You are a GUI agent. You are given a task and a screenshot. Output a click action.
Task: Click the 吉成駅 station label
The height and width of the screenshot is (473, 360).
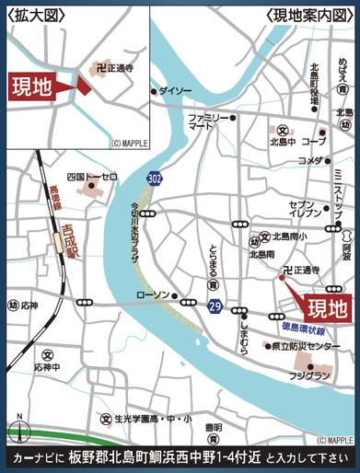pyautogui.click(x=67, y=247)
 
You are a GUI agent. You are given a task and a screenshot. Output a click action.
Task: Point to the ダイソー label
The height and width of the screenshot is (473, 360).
pyautogui.click(x=176, y=91)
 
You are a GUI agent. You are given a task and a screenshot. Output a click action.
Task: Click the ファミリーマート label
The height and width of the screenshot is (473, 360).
pyautogui.click(x=209, y=123)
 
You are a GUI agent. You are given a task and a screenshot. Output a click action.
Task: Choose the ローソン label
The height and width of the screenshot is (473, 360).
pyautogui.click(x=153, y=294)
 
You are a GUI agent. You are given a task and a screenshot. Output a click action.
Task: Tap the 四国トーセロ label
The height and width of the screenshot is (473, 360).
pyautogui.click(x=93, y=176)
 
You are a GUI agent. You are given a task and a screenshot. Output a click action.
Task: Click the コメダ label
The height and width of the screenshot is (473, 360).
pyautogui.click(x=309, y=160)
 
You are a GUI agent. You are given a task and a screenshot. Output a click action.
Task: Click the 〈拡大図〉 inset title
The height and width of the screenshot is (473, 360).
pyautogui.click(x=32, y=14)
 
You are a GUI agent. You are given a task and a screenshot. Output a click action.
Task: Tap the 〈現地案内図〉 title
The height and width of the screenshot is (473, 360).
pyautogui.click(x=309, y=14)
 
